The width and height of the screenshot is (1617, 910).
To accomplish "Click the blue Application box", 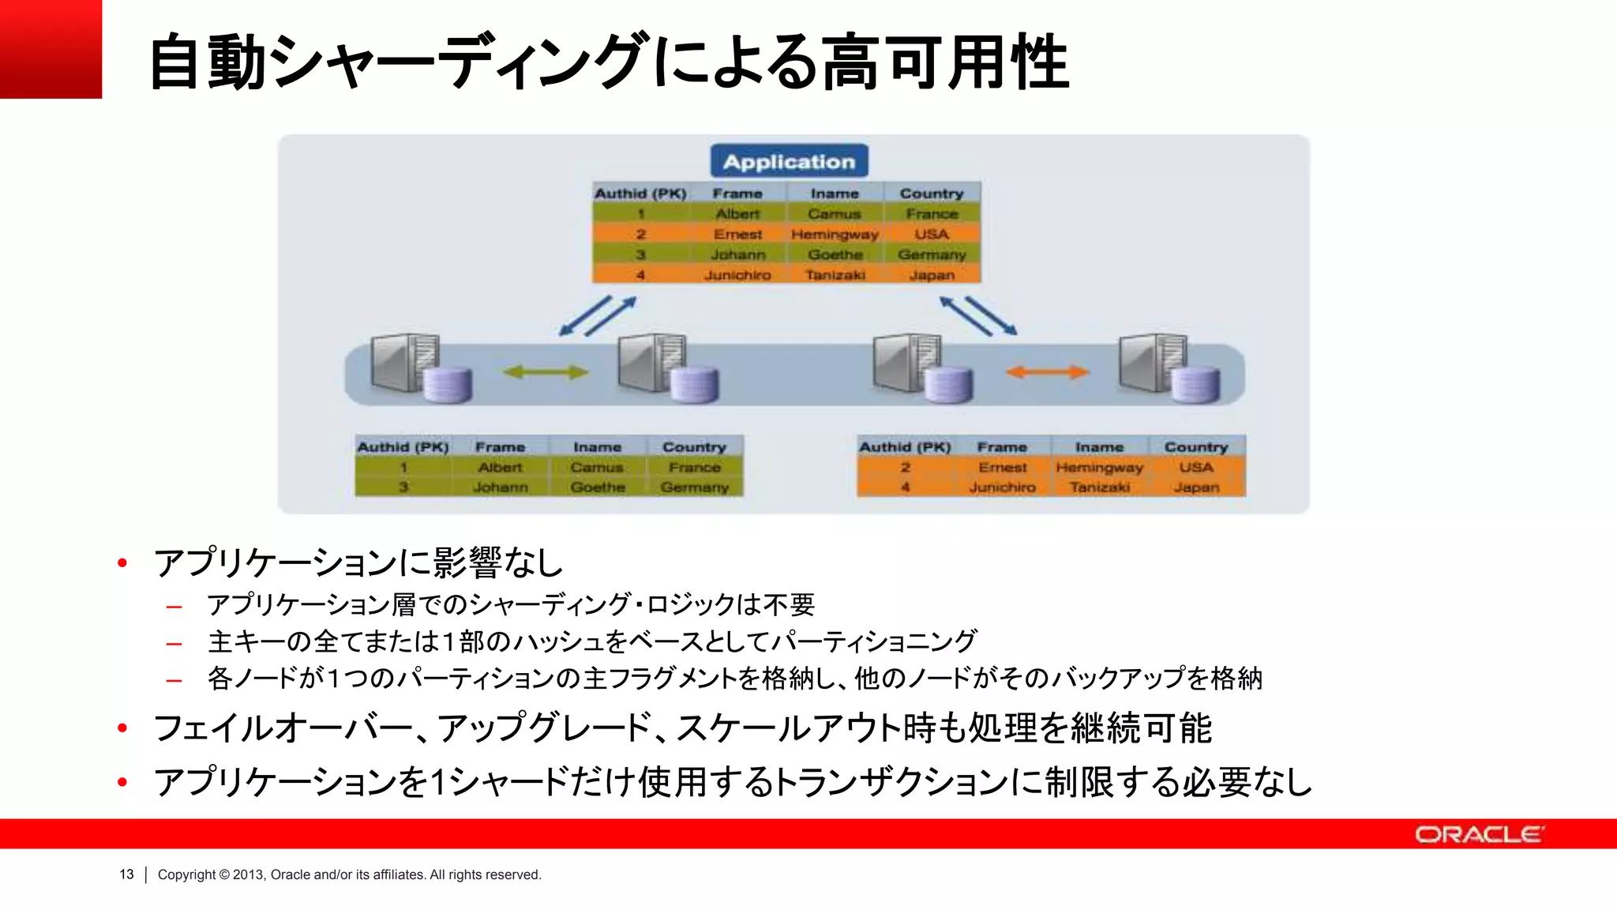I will pos(789,161).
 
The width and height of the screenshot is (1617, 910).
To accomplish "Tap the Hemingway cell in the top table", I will pos(835,235).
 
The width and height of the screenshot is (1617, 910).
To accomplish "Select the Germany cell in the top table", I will pos(932,254).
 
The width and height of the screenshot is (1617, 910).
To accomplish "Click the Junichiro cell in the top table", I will pos(737,275).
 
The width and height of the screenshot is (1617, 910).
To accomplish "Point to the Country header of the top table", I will pos(932,194).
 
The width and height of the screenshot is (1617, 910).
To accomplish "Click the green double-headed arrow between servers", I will pos(546,371).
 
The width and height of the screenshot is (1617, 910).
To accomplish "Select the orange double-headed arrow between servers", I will pos(1047,371).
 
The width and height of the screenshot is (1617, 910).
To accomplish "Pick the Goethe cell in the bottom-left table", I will pos(598,487).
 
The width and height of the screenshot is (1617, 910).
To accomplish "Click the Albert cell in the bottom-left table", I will pos(500,468).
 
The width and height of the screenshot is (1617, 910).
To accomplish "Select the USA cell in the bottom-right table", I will pos(1196,468).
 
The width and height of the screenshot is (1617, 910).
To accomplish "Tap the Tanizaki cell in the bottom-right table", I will pos(1099,487).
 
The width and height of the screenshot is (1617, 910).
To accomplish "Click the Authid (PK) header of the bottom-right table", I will pos(905,447).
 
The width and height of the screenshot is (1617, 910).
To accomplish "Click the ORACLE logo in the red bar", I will pos(1479,834).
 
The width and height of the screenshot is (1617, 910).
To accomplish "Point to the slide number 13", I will pos(126,874).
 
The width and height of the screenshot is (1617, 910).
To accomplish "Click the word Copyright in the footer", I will pos(186,874).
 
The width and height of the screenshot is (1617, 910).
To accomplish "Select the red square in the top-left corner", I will pos(51,49).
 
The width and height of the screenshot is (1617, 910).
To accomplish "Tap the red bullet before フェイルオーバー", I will pos(122,728).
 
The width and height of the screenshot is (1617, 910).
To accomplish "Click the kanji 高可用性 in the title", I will pos(946,62).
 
